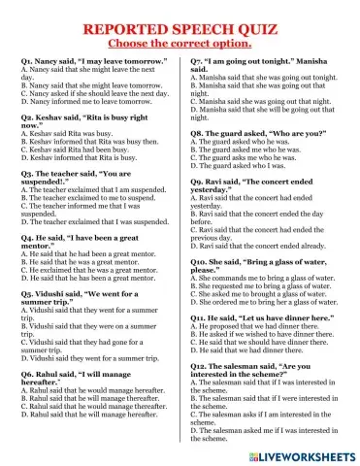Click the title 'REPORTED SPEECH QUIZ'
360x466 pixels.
point(180,30)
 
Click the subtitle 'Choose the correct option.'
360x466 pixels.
point(180,45)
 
